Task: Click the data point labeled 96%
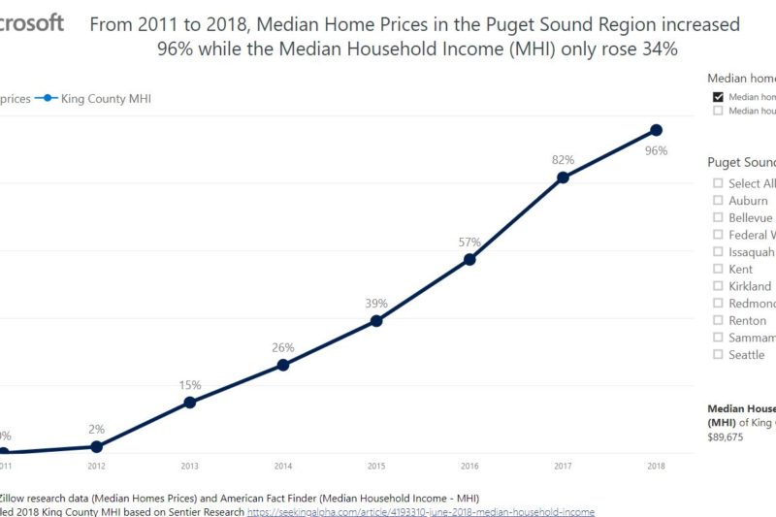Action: [656, 130]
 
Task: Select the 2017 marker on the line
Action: [563, 178]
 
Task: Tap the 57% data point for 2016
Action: [469, 259]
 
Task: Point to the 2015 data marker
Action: [376, 320]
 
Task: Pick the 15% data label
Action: [190, 385]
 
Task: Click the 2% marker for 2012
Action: [96, 446]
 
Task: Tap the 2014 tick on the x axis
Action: [283, 467]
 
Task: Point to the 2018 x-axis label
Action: [656, 467]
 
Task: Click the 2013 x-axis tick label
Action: [190, 467]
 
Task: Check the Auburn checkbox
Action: [718, 201]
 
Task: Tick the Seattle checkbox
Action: [718, 355]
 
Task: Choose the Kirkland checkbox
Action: [718, 286]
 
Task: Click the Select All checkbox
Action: [718, 183]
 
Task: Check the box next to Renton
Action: [718, 320]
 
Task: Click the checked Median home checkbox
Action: [718, 97]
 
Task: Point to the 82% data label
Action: [564, 160]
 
